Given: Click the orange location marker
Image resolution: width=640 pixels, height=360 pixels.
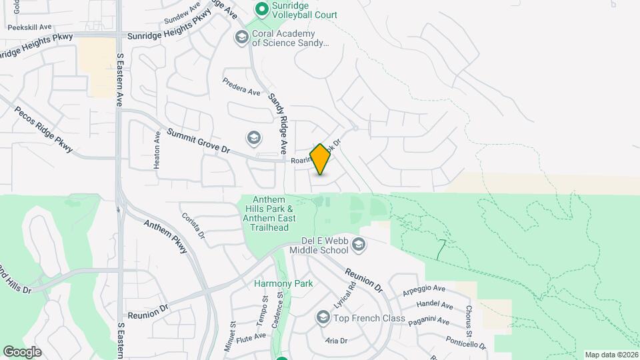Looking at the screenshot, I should tap(320, 159).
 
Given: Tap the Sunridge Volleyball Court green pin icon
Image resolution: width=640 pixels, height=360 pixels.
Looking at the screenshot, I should tap(262, 9).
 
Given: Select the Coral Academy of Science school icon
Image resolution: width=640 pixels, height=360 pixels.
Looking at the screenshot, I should tap(241, 37).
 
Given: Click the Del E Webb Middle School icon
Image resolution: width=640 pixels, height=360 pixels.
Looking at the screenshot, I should tap(359, 245).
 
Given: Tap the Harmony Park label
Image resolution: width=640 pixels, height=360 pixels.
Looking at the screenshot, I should tap(283, 283).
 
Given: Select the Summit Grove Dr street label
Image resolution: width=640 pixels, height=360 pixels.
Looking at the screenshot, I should tap(198, 141).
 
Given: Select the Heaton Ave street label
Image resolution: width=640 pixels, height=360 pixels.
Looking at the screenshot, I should tap(157, 149).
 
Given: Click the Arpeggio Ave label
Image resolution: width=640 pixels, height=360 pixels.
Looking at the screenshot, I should tap(423, 290).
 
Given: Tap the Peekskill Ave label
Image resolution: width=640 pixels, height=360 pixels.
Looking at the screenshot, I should tap(29, 27).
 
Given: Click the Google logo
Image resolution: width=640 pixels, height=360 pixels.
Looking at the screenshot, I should tap(22, 352).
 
